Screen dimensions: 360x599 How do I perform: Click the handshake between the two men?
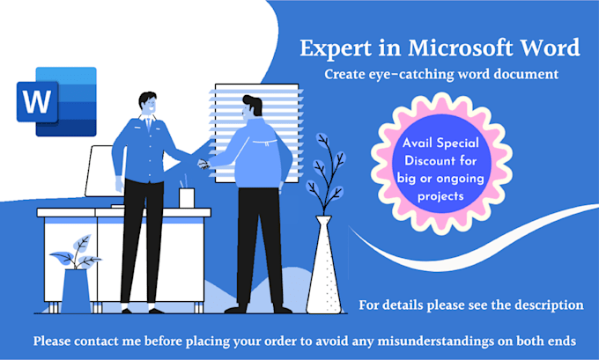coord(203,162)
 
